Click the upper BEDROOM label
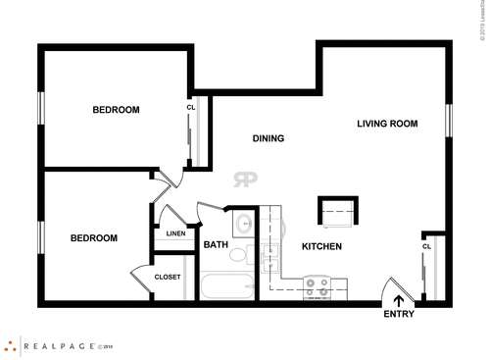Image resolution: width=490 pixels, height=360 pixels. click(x=116, y=110)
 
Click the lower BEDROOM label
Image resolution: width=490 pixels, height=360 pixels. click(x=93, y=237)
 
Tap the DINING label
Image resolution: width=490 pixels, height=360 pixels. click(x=268, y=138)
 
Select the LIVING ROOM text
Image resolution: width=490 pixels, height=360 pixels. click(x=387, y=124)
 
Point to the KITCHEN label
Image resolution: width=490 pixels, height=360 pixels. click(x=321, y=246)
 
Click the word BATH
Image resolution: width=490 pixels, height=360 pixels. click(x=216, y=245)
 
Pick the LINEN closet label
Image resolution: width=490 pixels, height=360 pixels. click(x=175, y=233)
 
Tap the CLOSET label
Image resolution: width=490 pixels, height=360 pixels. click(x=168, y=277)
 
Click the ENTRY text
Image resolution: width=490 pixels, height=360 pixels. click(x=399, y=314)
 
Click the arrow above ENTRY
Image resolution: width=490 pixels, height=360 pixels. click(x=399, y=300)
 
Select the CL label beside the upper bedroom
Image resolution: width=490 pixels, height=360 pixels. click(x=191, y=108)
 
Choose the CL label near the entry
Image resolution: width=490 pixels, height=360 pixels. click(x=427, y=246)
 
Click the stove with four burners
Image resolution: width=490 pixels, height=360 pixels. click(x=318, y=287)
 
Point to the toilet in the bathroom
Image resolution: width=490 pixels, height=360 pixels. click(x=238, y=256)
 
